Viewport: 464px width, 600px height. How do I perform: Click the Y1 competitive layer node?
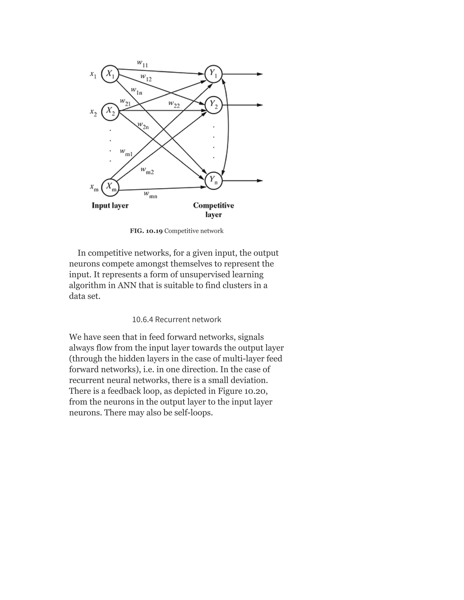[x=213, y=74]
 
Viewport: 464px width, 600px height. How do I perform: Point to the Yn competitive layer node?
[x=213, y=181]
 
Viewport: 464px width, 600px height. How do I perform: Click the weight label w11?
[x=142, y=64]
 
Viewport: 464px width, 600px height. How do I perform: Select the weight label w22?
[x=174, y=104]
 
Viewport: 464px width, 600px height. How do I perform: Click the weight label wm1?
[x=126, y=153]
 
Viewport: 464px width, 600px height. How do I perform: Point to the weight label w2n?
[x=143, y=126]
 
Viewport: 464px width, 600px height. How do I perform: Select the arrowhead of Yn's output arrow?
[x=260, y=181]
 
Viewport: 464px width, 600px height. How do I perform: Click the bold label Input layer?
[x=110, y=206]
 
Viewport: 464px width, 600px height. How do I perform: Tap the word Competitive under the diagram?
[x=213, y=206]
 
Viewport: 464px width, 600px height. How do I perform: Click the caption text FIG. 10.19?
[x=146, y=231]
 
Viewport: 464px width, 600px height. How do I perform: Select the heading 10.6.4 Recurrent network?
[x=176, y=319]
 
